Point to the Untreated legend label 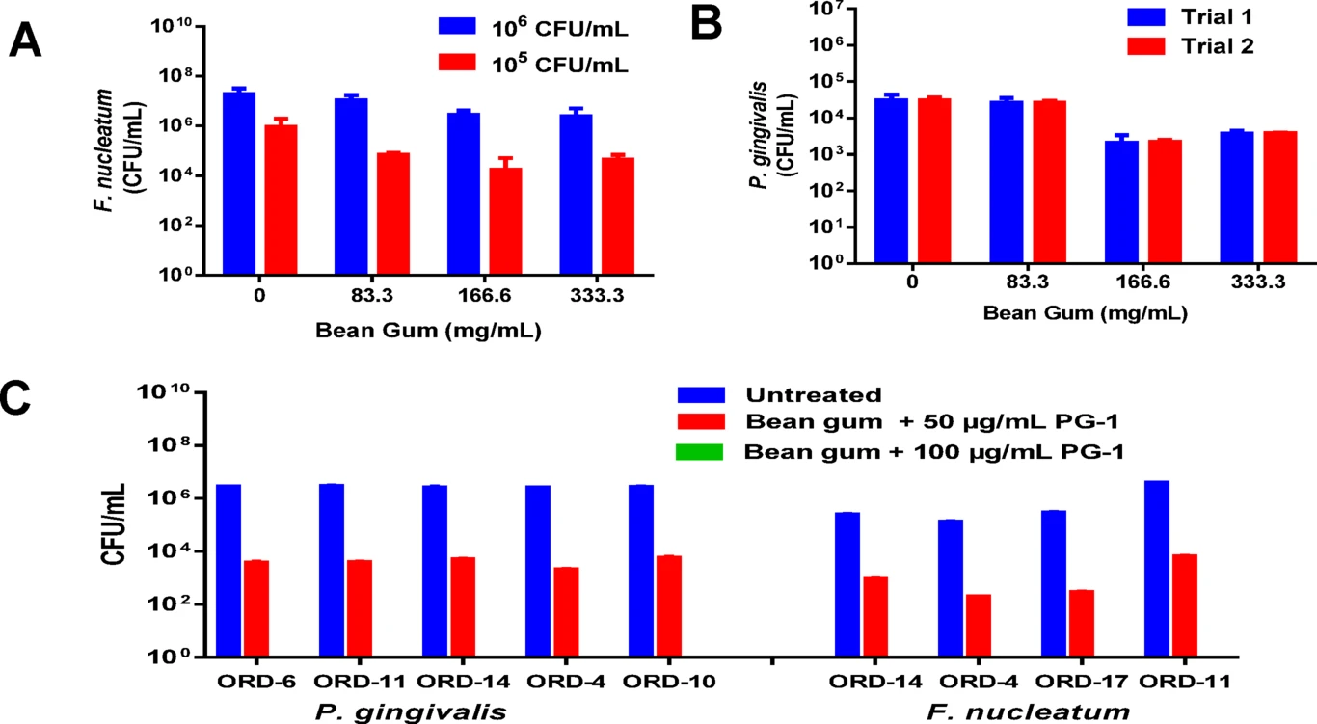[x=813, y=394]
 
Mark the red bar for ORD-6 [x=256, y=608]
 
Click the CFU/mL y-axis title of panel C [x=112, y=526]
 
